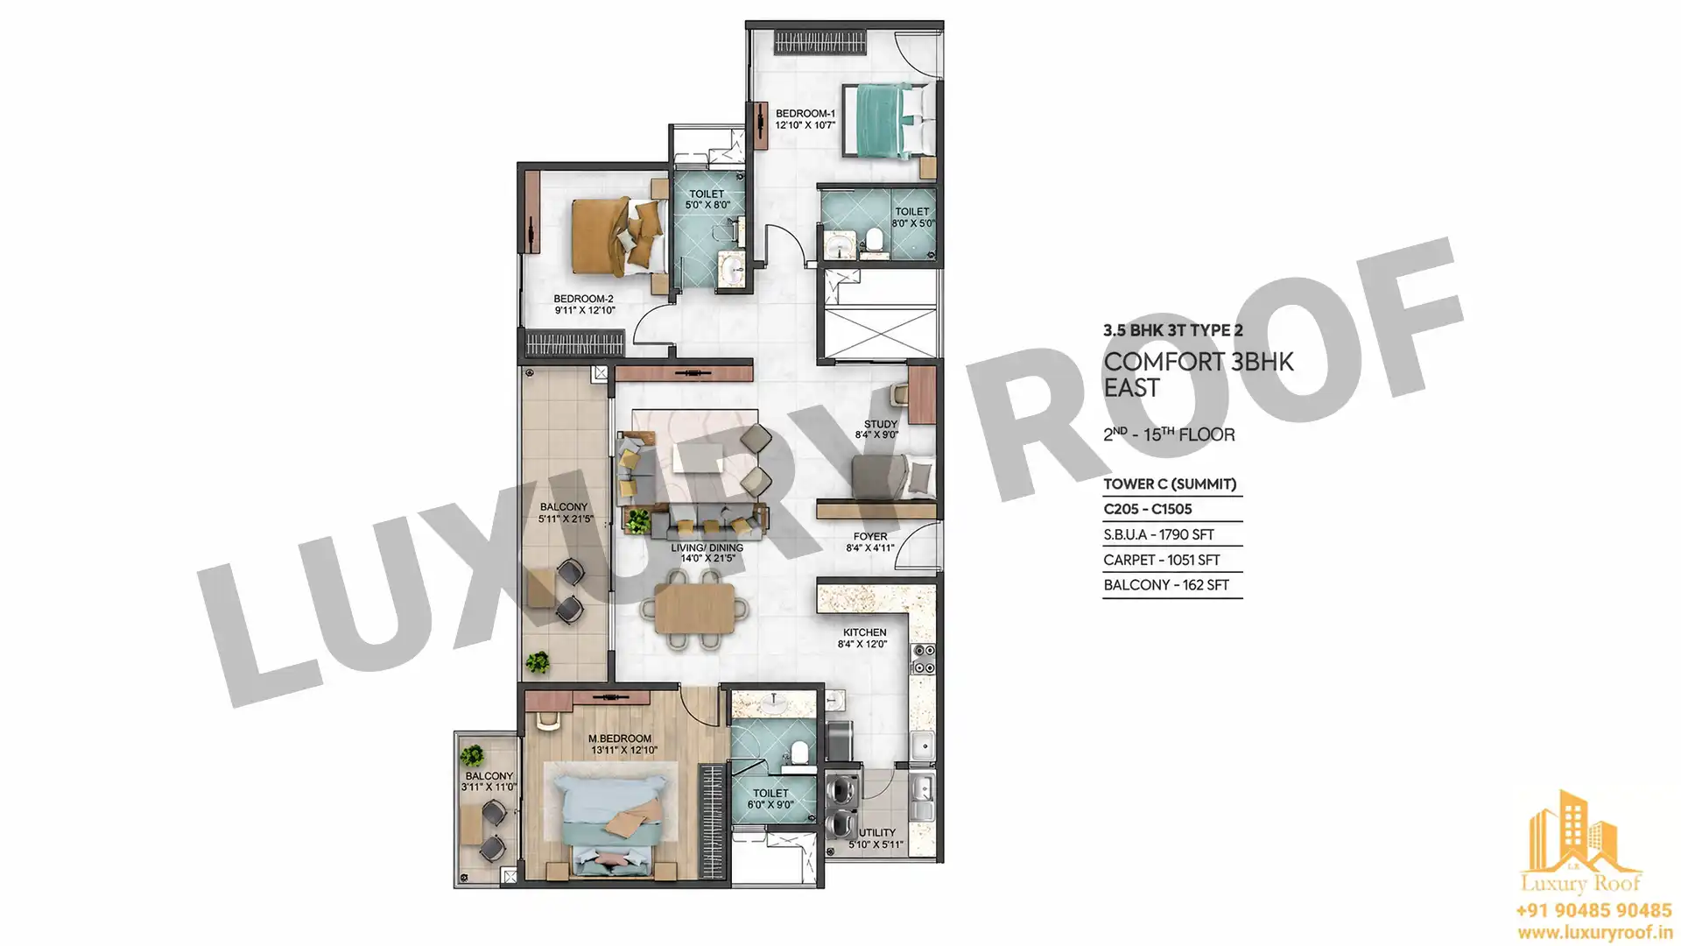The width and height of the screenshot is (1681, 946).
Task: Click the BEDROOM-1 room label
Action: [805, 113]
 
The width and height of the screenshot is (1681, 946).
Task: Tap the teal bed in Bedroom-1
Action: [883, 121]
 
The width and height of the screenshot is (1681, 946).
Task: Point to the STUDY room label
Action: [881, 424]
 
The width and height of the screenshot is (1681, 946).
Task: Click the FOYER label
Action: [870, 537]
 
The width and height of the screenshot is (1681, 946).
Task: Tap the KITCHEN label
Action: [865, 632]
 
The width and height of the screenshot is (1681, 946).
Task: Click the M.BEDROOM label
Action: [620, 738]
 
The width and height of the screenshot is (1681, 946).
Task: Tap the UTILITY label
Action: [877, 833]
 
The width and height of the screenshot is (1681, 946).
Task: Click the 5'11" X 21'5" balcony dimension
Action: [566, 519]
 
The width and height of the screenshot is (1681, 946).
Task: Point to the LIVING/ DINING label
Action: [707, 547]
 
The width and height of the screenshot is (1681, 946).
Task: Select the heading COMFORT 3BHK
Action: [1199, 362]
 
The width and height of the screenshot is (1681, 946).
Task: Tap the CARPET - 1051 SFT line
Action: [1162, 560]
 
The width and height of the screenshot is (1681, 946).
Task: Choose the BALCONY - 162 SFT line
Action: [1166, 585]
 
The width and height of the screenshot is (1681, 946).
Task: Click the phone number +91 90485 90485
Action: [1593, 911]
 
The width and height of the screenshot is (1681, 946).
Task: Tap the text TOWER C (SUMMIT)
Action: [1170, 484]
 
